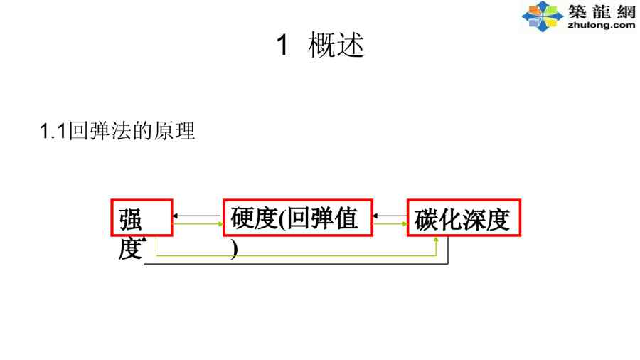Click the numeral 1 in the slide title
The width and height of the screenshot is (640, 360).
(282, 47)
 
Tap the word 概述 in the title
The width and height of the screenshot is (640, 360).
(336, 47)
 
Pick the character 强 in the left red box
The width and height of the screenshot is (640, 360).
(131, 219)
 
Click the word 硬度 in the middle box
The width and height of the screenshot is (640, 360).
(253, 219)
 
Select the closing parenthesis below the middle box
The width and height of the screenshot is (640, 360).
(234, 250)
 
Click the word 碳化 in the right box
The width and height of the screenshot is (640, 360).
(438, 220)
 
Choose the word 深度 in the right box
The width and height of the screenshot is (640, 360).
(486, 220)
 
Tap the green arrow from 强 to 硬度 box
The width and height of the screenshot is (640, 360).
(198, 224)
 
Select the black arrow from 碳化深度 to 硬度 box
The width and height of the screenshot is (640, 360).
(390, 216)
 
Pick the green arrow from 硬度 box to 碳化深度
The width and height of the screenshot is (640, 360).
(390, 224)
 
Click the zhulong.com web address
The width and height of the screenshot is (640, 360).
(601, 26)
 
